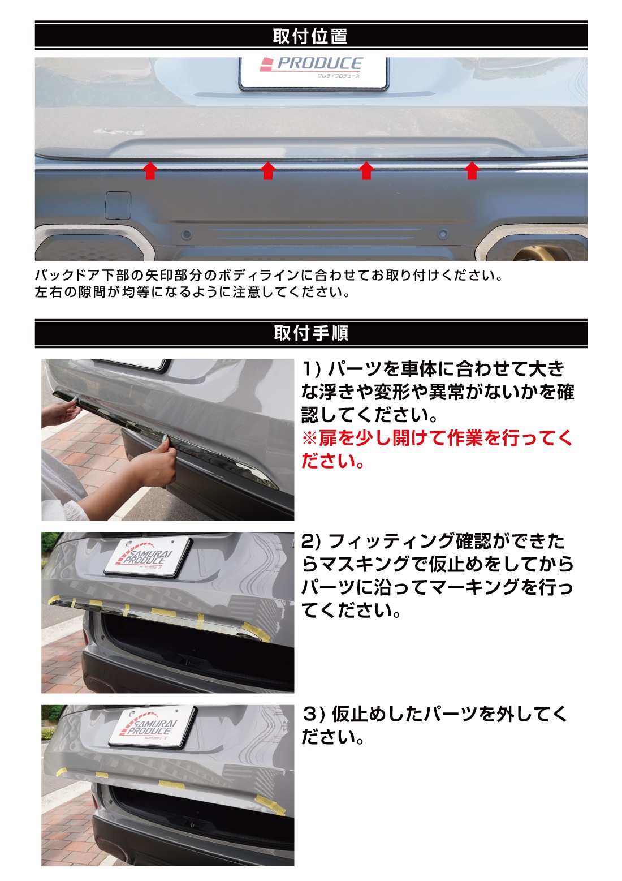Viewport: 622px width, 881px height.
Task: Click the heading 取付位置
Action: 310,36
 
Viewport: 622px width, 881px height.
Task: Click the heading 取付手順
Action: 311,333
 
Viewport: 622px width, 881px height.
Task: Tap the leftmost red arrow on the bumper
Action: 150,170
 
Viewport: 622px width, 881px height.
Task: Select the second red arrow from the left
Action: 268,170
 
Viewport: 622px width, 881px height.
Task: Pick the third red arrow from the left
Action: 366,170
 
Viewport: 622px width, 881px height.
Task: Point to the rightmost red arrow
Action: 472,170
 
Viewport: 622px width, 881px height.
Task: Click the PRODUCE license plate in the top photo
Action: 313,72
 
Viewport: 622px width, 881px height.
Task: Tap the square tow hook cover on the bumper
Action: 118,205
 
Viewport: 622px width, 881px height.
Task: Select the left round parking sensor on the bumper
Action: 185,234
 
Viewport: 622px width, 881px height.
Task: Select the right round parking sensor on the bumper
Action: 443,234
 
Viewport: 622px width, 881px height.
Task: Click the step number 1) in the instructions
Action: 312,369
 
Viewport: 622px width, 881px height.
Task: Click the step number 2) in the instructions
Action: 312,541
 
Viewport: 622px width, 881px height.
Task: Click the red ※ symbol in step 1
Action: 309,438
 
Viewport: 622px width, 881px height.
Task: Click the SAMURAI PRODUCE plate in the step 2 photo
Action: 148,557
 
